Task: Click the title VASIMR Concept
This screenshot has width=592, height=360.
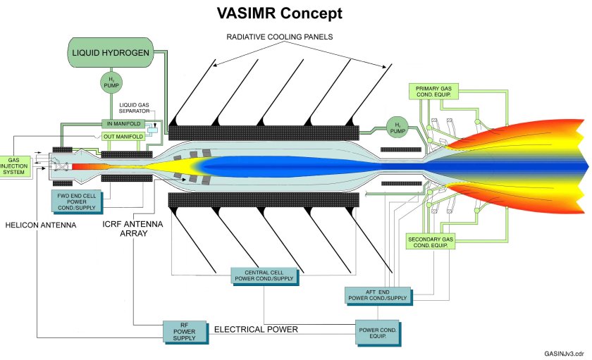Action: pos(280,13)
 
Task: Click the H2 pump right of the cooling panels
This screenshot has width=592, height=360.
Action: pos(397,129)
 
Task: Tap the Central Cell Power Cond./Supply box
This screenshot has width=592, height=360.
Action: pos(264,275)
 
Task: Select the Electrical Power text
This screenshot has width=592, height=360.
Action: pos(256,329)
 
